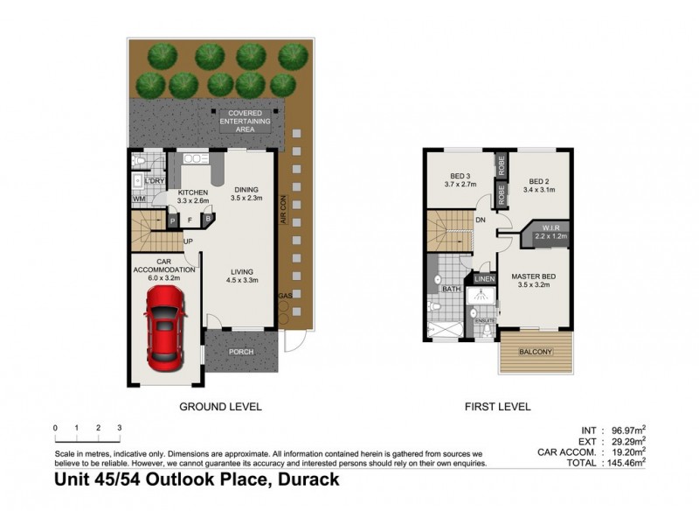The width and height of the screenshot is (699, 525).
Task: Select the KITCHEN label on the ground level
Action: [x=193, y=192]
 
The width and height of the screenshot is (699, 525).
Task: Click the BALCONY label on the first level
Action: [x=535, y=353]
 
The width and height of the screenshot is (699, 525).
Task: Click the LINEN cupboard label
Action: [x=483, y=279]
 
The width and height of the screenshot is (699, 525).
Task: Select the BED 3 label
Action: [x=459, y=175]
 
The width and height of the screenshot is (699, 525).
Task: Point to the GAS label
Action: [x=283, y=297]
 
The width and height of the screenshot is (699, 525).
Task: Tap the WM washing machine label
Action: [x=138, y=199]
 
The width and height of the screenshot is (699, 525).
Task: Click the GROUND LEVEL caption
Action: [x=220, y=407]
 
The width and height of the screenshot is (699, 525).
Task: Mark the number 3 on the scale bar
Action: [x=119, y=428]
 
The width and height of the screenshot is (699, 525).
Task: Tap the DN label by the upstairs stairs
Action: [x=481, y=220]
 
